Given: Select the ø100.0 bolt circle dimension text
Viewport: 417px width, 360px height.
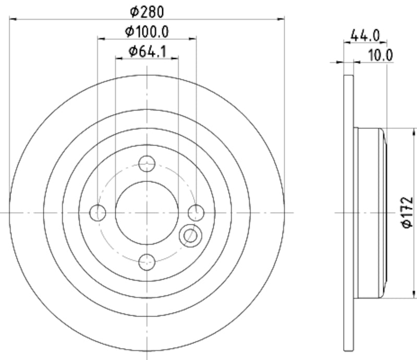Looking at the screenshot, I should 147,31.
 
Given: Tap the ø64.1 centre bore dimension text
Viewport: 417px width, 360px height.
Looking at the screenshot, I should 147,51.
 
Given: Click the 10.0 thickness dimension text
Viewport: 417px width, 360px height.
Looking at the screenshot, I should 380,55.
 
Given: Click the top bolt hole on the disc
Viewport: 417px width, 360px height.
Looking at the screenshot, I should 147,163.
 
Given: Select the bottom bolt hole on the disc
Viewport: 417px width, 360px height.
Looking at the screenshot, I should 147,261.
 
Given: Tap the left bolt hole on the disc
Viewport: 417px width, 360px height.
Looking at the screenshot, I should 98,212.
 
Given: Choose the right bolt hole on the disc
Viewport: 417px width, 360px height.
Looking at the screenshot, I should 196,212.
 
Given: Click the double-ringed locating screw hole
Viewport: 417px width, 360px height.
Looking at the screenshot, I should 189,236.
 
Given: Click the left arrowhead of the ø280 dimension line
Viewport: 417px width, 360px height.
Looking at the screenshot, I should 14,19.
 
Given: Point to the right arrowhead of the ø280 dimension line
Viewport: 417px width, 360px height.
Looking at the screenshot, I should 281,19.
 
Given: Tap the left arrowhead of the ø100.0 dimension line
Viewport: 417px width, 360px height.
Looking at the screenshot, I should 101,39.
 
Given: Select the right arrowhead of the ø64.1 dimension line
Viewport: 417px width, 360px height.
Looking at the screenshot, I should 175,58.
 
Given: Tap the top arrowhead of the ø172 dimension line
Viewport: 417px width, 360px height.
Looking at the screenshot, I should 403,131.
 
